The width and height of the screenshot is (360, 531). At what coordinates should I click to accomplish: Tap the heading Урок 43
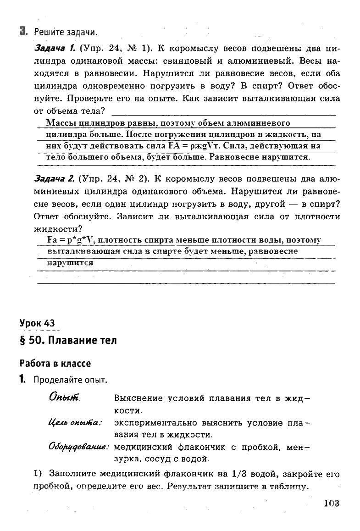[40, 323]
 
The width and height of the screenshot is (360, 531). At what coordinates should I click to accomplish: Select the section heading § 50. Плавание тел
[68, 341]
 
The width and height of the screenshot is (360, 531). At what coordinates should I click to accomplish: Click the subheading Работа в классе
[55, 363]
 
